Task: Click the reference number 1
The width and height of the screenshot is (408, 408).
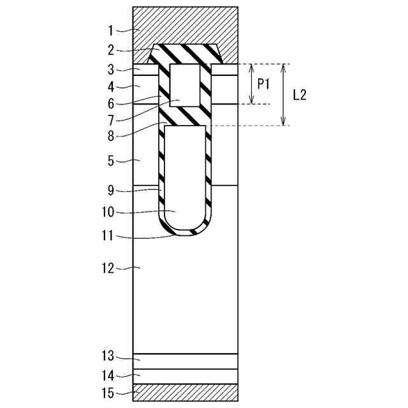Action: [110, 29]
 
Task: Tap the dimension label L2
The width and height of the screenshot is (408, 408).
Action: [300, 95]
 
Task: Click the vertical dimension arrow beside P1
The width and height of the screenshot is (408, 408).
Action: [252, 84]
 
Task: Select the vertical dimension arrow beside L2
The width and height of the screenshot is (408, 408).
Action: [284, 94]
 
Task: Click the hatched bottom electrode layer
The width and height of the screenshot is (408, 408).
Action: [185, 392]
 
